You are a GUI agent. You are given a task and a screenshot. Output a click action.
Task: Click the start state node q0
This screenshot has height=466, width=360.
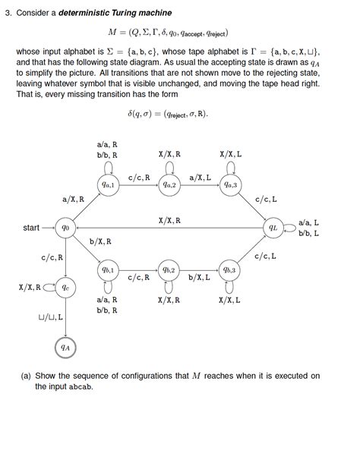[66, 226]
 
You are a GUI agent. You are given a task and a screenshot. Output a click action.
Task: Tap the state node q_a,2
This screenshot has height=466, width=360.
[169, 184]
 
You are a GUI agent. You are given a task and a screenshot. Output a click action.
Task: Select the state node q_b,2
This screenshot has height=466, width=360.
[169, 269]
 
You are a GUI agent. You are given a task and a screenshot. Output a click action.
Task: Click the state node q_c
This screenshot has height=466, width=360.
[66, 288]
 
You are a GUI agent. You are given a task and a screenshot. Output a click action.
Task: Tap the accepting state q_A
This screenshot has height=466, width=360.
[66, 348]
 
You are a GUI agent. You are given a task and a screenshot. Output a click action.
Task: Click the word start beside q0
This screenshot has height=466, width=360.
[31, 227]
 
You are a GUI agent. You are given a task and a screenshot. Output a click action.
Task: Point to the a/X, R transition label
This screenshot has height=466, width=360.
[73, 199]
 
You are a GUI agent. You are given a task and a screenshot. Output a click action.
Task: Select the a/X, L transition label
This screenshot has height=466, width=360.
[200, 177]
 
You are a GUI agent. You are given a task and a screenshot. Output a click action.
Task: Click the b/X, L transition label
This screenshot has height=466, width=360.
[200, 278]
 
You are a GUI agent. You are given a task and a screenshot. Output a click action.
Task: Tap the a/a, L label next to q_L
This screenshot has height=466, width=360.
[309, 222]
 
